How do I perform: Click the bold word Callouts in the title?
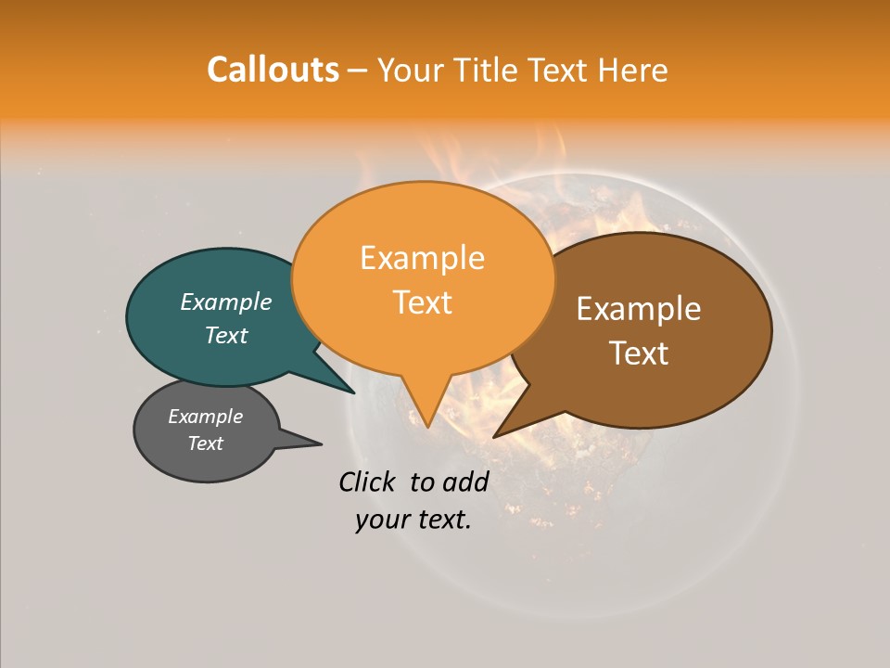[x=273, y=70]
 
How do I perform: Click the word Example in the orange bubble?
[x=422, y=258]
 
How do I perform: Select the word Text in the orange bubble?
[x=422, y=302]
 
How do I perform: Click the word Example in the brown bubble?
[x=639, y=309]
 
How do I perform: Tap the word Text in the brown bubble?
[x=639, y=353]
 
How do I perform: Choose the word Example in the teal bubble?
[x=226, y=302]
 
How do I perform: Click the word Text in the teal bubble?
[x=226, y=335]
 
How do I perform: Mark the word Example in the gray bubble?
[x=205, y=417]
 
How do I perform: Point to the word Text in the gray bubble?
[x=205, y=443]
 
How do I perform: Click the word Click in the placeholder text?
[x=365, y=482]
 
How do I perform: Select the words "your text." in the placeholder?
[x=413, y=520]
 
